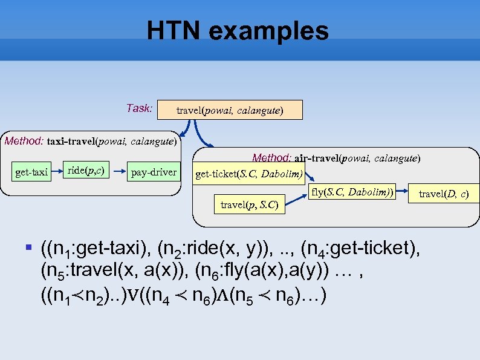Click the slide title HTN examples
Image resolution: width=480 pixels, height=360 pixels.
pos(238,31)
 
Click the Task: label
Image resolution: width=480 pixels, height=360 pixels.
pos(139,109)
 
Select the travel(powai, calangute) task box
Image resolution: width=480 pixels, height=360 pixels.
pos(230,111)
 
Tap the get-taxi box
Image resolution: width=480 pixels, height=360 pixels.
pos(31,172)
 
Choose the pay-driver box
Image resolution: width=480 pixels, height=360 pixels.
pos(154,172)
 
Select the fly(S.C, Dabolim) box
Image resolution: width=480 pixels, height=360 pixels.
pos(351,193)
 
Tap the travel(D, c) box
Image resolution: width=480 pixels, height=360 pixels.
pos(443,194)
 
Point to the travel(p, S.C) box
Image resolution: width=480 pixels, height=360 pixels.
pos(249,205)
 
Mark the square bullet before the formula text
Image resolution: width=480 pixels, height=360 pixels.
pos(29,247)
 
